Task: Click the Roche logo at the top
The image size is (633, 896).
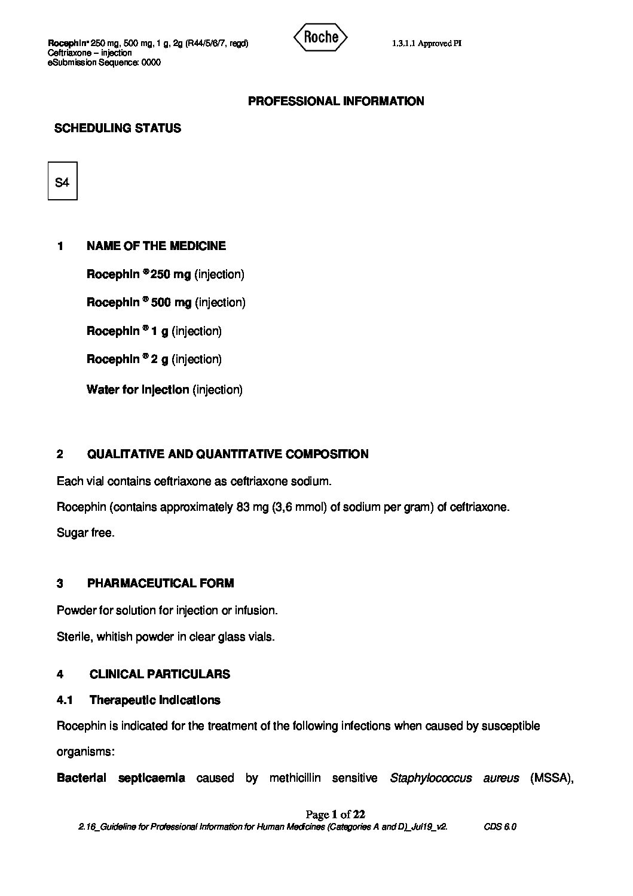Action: pos(320,38)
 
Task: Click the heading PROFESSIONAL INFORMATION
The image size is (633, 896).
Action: pos(336,101)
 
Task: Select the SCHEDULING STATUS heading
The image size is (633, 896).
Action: pos(118,128)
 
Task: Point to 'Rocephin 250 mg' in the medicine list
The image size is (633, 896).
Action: pos(139,275)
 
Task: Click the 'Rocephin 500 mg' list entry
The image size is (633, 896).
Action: pos(139,303)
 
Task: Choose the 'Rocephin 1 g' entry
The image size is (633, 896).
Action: pos(127,331)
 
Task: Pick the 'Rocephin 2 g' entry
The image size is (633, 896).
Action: pos(127,359)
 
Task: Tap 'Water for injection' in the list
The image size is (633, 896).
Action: pos(137,390)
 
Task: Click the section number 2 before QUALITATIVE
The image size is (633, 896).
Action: pos(60,454)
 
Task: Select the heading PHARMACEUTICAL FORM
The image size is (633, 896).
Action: pos(160,583)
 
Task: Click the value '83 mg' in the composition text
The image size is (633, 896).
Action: pos(252,507)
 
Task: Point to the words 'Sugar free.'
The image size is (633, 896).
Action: pos(85,533)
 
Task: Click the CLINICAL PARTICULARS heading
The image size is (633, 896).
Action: pos(160,674)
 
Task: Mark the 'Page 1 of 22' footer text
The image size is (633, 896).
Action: pos(335,814)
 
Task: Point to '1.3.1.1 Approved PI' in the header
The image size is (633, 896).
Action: pos(427,43)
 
